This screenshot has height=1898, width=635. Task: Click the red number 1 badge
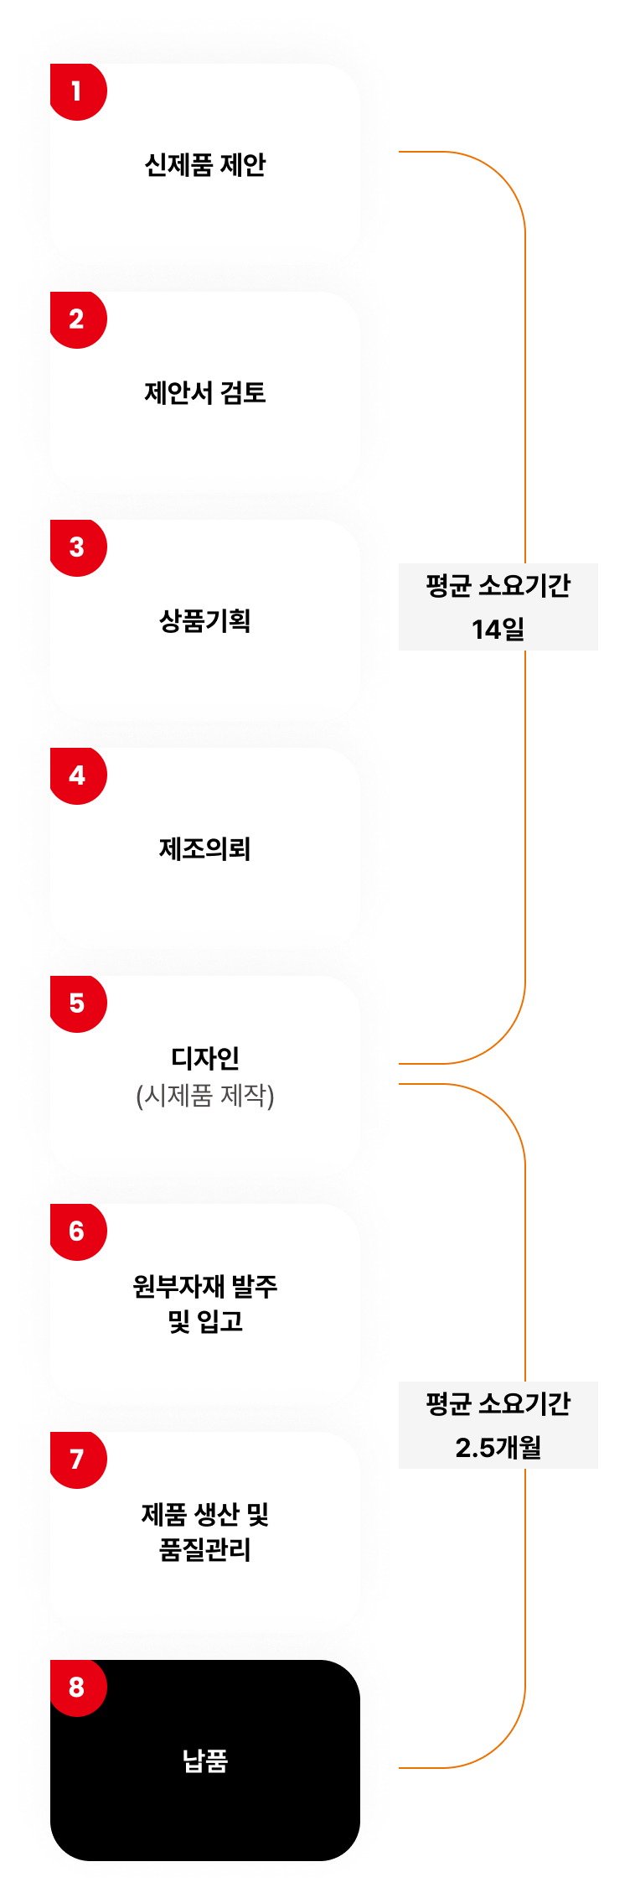pos(77,91)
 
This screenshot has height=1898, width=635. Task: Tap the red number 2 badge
pos(77,319)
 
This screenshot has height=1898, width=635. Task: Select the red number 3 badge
pos(77,547)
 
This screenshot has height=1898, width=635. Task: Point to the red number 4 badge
pos(77,775)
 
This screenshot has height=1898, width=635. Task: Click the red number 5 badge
pos(77,1003)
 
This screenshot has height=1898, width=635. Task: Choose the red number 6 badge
pos(77,1231)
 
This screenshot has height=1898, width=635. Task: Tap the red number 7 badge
pos(77,1459)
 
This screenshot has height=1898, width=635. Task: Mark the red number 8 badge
pos(77,1687)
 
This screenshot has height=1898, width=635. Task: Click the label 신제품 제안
pos(205,164)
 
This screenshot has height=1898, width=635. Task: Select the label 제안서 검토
pos(205,392)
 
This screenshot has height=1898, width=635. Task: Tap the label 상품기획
pos(205,620)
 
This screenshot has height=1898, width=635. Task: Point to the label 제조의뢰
pos(205,848)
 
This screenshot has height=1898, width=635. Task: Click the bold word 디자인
pos(205,1058)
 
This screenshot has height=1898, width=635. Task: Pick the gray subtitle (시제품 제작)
pos(205,1095)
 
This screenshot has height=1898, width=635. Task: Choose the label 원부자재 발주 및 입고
pos(205,1304)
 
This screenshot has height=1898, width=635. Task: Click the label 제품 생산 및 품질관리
pos(205,1532)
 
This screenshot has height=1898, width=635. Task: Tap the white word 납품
pos(205,1761)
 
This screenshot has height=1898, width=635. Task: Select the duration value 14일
pos(498,629)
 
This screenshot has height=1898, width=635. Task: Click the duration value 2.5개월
pos(498,1447)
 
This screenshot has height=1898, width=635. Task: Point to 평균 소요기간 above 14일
pos(498,585)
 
